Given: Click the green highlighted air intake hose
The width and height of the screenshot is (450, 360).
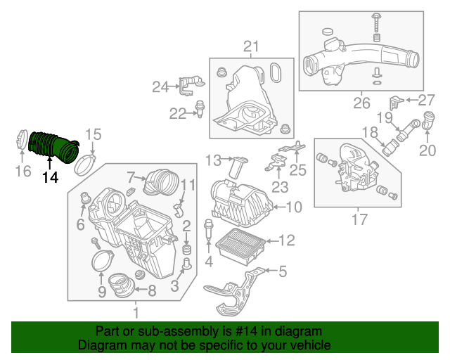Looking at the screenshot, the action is click(53, 146).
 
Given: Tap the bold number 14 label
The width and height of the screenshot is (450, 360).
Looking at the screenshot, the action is click(50, 178).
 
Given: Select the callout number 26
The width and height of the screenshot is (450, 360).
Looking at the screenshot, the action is click(361, 103).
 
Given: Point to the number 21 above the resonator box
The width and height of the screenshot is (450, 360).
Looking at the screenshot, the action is click(251, 46).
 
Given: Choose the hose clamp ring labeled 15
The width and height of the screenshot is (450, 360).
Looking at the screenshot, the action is click(85, 165).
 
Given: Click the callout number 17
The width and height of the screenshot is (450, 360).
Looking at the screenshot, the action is click(359, 219).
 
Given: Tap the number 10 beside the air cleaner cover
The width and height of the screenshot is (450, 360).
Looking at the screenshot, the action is click(294, 207).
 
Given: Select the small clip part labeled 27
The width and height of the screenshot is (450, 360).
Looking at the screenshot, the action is click(396, 102).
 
